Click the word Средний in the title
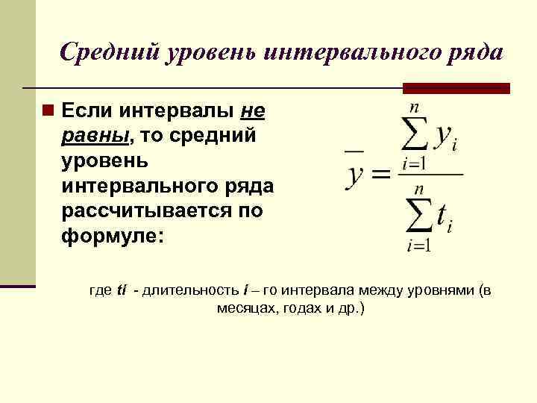pyautogui.click(x=112, y=51)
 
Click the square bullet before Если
pyautogui.click(x=48, y=111)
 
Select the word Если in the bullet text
pyautogui.click(x=84, y=111)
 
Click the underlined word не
pyautogui.click(x=254, y=111)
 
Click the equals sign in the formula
pyautogui.click(x=380, y=175)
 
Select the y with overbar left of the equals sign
pyautogui.click(x=356, y=173)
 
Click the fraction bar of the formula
pyautogui.click(x=431, y=175)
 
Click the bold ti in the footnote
pyautogui.click(x=122, y=290)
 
